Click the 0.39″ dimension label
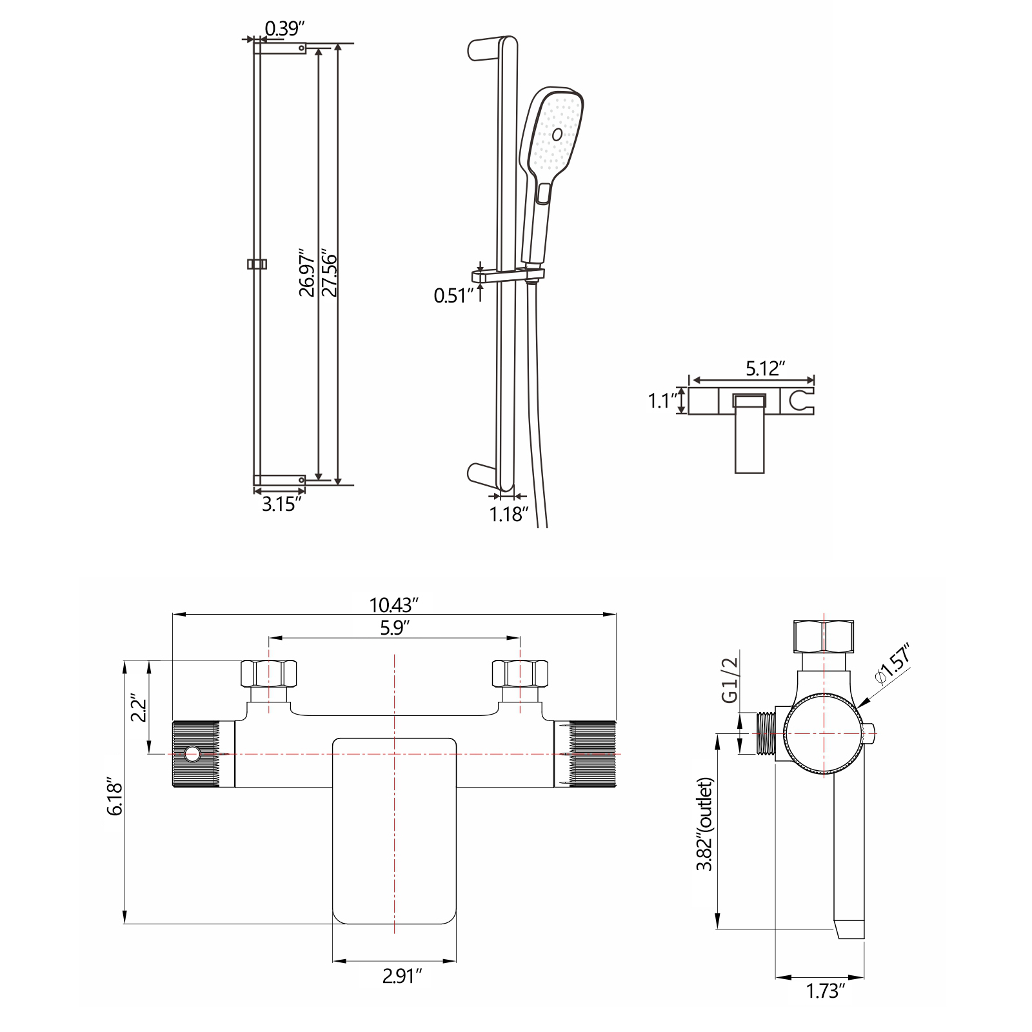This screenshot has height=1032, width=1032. tap(284, 28)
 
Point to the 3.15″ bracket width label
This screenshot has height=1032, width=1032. tap(281, 504)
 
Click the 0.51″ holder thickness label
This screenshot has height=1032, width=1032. tap(454, 296)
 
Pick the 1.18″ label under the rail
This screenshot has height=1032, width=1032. tap(509, 514)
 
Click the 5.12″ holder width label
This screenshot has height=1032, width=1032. tap(765, 368)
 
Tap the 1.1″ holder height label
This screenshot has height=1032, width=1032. tap(661, 402)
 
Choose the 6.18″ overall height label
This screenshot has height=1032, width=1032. tap(115, 799)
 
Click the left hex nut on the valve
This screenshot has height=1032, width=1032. tap(269, 673)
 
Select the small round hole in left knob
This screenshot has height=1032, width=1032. tap(192, 753)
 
